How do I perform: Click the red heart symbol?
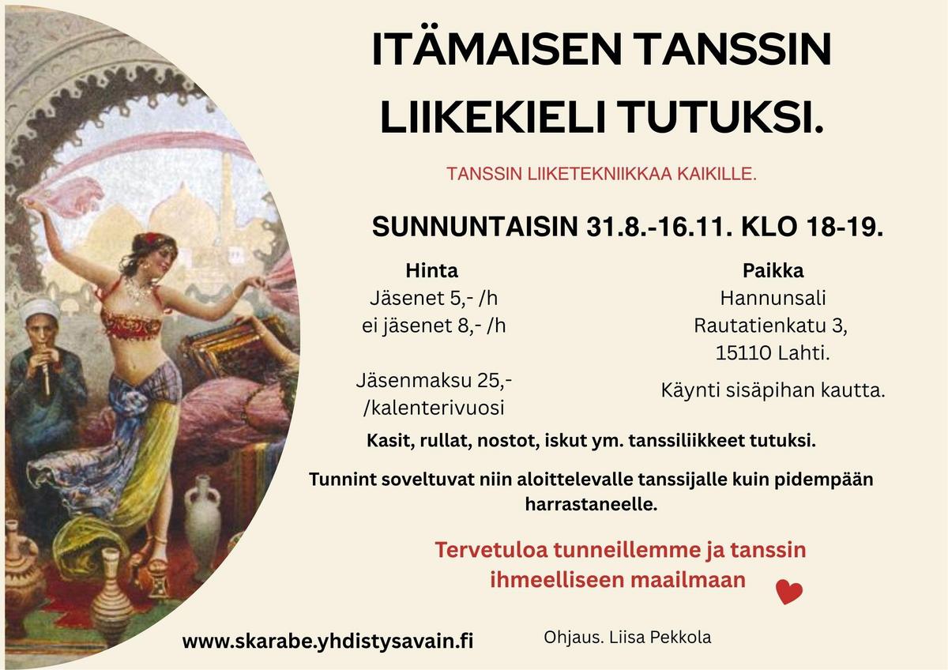pos(789,592)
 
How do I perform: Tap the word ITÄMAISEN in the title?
pos(495,49)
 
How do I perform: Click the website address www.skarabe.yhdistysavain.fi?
pos(328,641)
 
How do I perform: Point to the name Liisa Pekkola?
pos(660,638)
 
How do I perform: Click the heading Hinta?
pos(431,271)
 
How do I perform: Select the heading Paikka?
pos(773,271)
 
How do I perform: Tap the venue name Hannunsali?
pos(773,298)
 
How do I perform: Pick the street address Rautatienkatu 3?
pos(770,326)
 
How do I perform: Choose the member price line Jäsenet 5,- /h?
pos(434,299)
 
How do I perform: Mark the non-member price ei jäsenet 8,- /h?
pos(434,326)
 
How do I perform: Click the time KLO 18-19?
pos(812,227)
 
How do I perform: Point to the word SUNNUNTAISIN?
pos(475,227)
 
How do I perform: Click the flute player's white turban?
pos(40,309)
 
